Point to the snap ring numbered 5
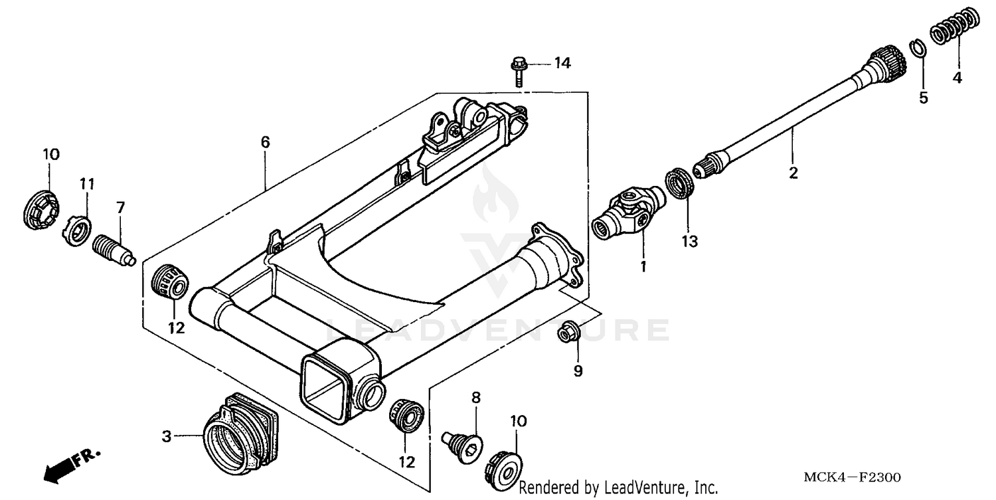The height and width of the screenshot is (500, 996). [x=918, y=50]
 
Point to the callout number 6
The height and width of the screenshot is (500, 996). [x=265, y=141]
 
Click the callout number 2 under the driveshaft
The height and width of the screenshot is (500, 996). [x=793, y=173]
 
